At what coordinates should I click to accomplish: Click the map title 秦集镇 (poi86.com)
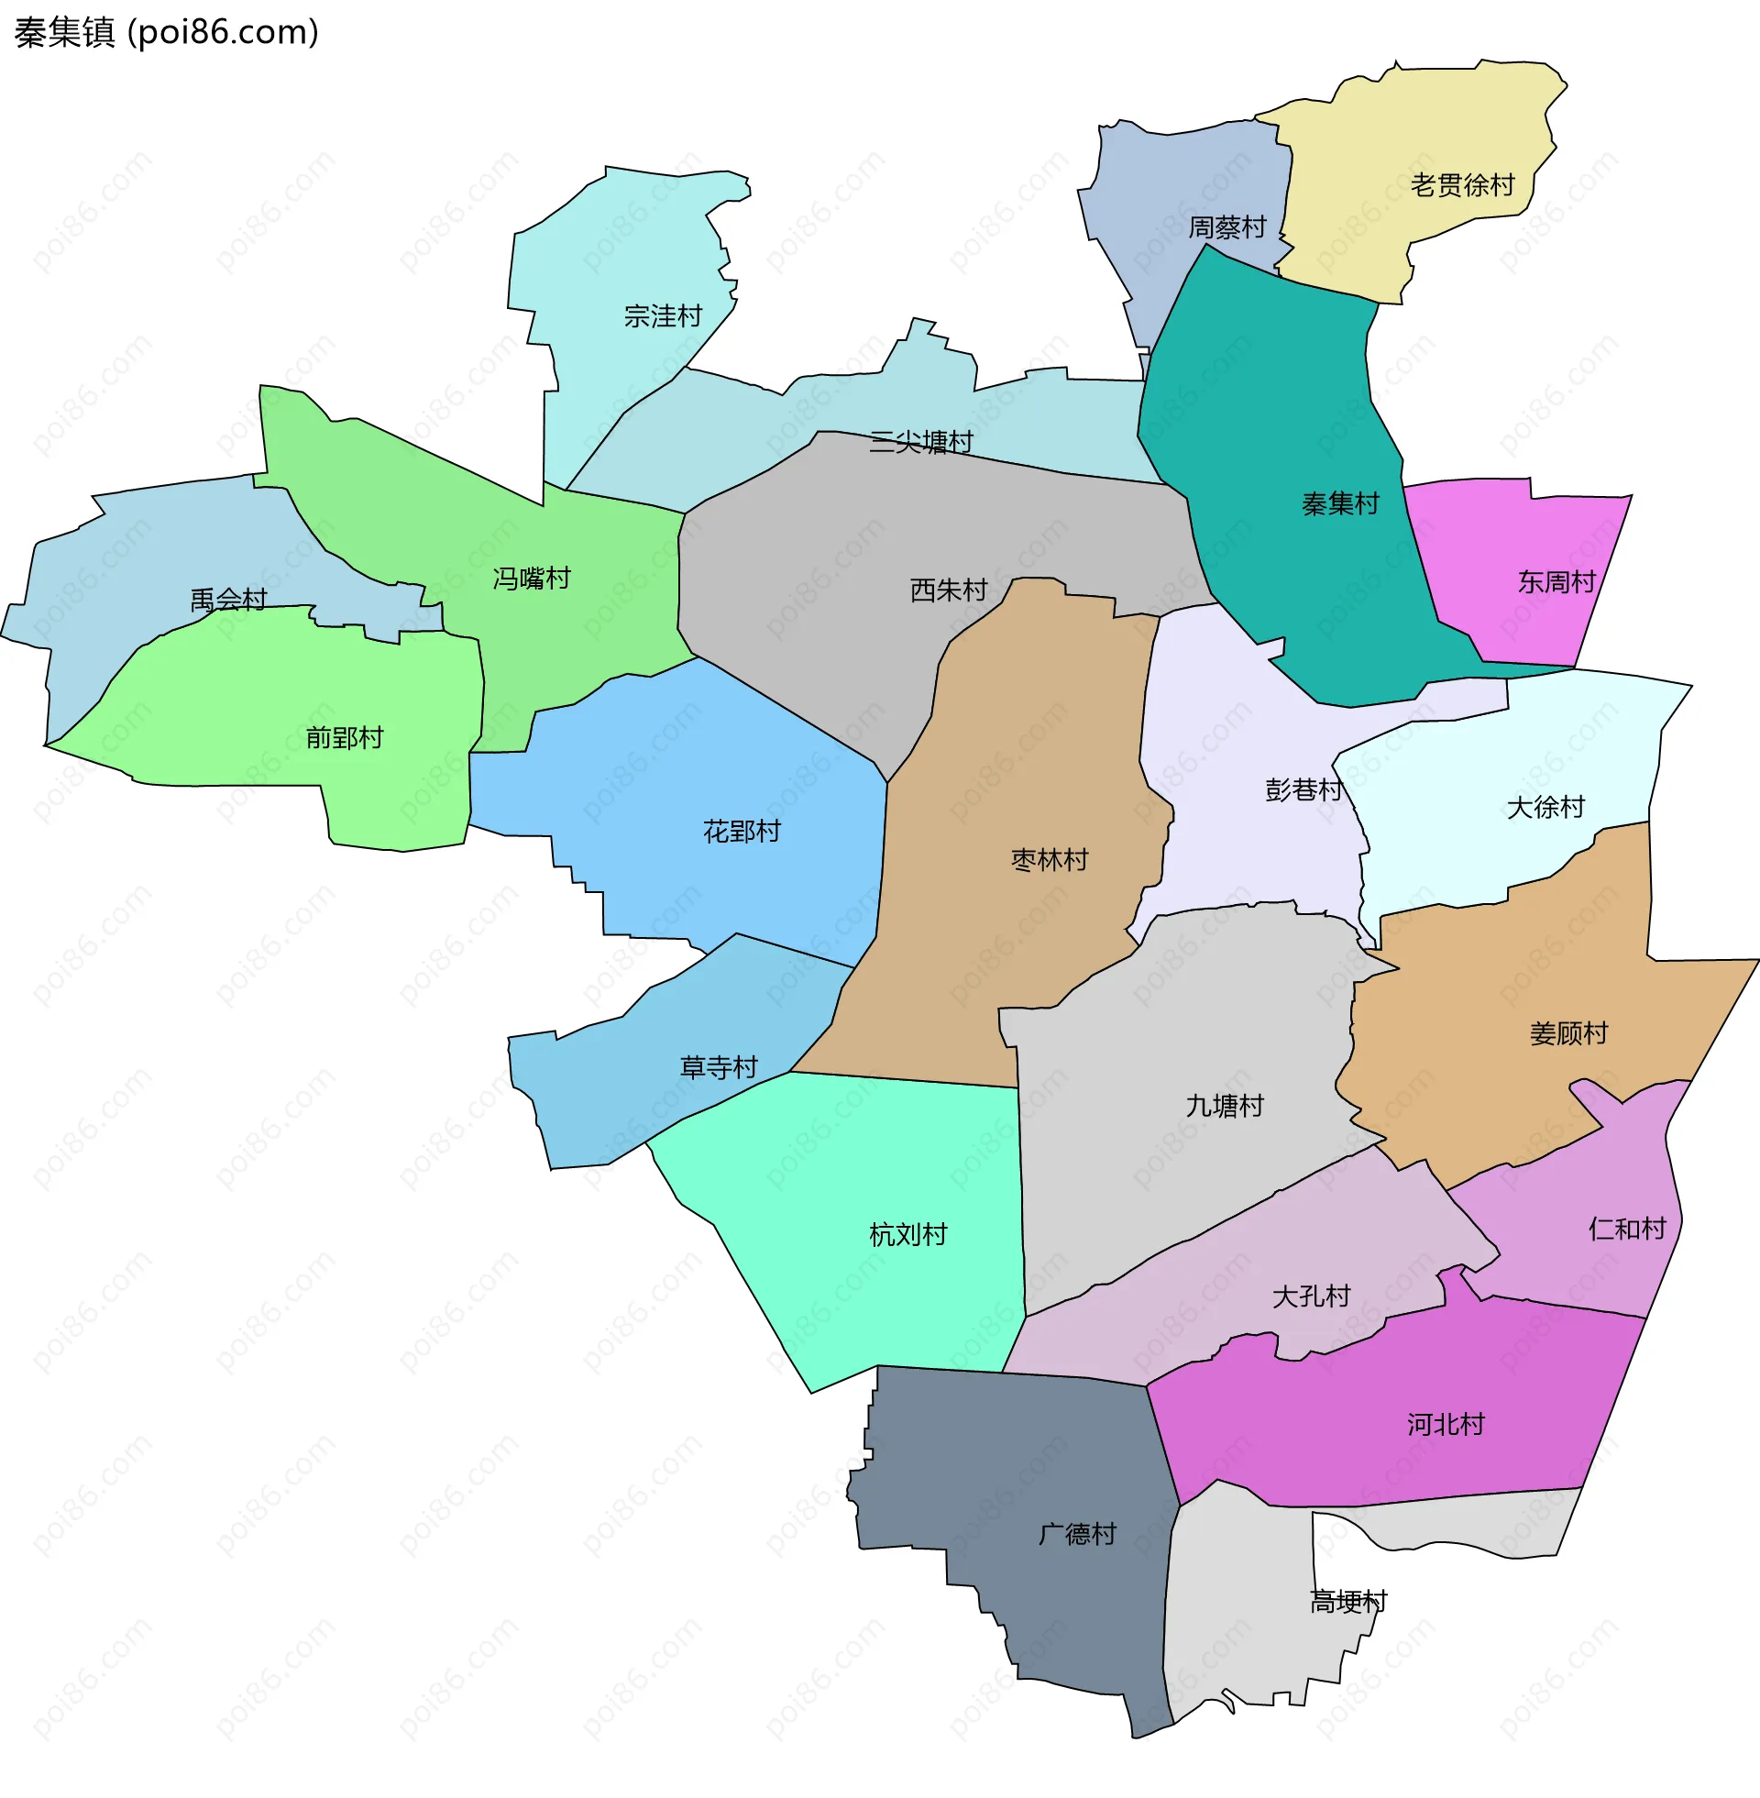pos(167,32)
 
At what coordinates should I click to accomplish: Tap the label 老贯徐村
pos(1462,186)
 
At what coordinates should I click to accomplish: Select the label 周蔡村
pos(1226,227)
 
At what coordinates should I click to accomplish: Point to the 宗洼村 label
pos(663,317)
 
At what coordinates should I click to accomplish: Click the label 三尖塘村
pos(920,443)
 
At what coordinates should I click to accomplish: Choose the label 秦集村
pos(1340,503)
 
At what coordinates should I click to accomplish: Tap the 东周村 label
pos(1556,582)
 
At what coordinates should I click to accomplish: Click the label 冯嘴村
pos(532,579)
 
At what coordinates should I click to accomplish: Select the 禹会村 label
pos(228,601)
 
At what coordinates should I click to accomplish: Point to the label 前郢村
pos(344,739)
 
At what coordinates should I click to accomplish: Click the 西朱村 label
pos(949,590)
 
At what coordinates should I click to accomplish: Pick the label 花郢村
pos(742,832)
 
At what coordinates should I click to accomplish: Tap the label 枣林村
pos(1050,861)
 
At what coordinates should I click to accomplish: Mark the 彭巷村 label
pos(1303,790)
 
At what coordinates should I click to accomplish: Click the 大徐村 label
pos(1545,808)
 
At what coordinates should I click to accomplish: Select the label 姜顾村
pos(1568,1033)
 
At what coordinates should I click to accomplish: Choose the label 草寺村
pos(719,1069)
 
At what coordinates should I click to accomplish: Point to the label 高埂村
pos(1348,1602)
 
